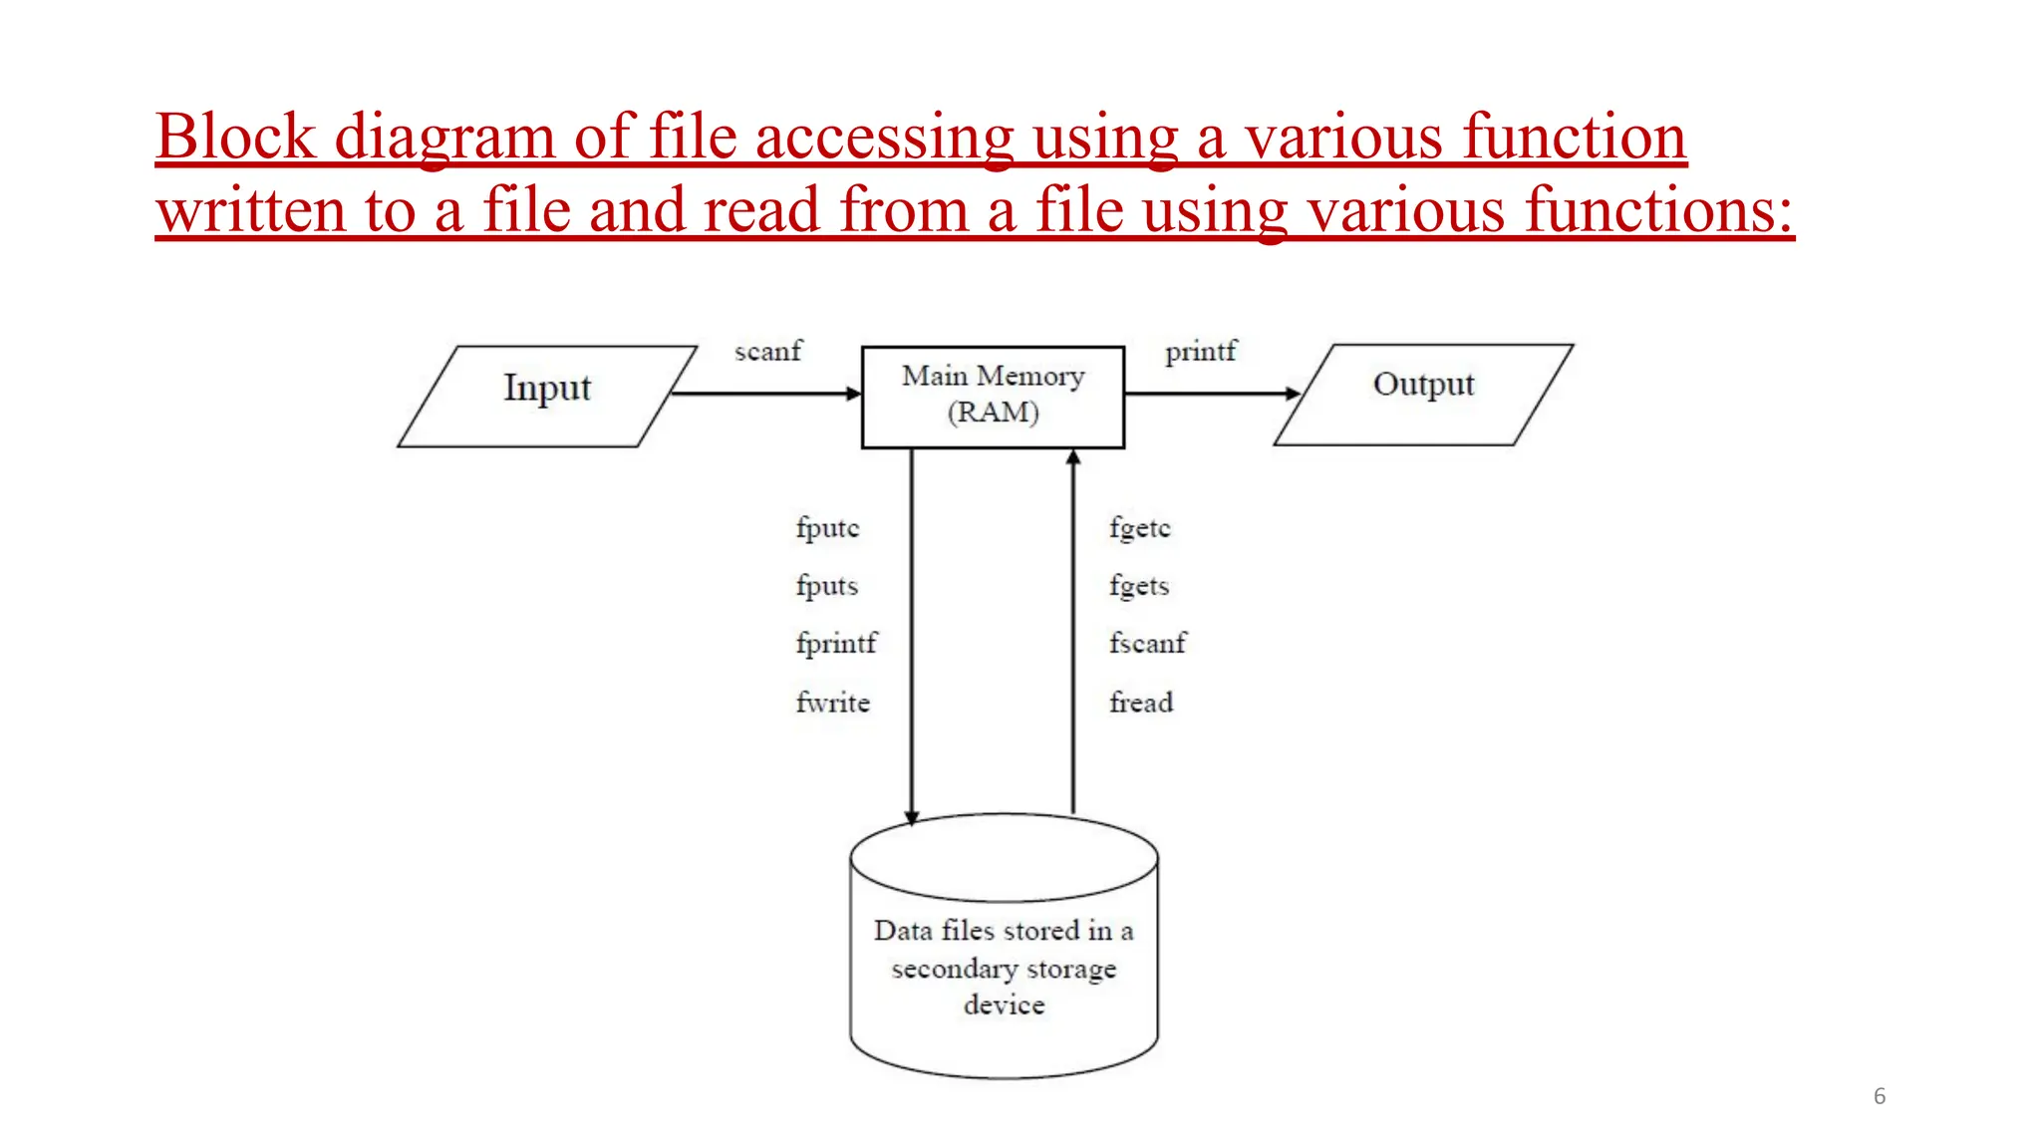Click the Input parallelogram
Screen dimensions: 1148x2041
(547, 396)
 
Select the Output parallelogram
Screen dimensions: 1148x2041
(1423, 394)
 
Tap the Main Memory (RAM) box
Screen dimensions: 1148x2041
(993, 397)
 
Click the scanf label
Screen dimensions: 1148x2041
(767, 351)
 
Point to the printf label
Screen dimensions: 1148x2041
(1201, 351)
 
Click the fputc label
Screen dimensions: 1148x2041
(827, 528)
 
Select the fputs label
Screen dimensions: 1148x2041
(826, 586)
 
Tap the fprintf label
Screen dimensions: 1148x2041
(836, 644)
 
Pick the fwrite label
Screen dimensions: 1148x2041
(832, 703)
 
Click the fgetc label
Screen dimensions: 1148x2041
(1139, 528)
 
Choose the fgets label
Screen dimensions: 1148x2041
(1138, 586)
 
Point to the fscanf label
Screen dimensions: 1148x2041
(1147, 644)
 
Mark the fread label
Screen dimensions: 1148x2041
(1140, 703)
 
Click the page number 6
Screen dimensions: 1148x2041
(1879, 1096)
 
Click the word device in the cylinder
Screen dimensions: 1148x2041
(1004, 1004)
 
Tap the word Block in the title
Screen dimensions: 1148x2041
(235, 137)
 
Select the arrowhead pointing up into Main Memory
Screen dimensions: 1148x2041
(1073, 457)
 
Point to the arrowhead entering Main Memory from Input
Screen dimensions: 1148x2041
(853, 394)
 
